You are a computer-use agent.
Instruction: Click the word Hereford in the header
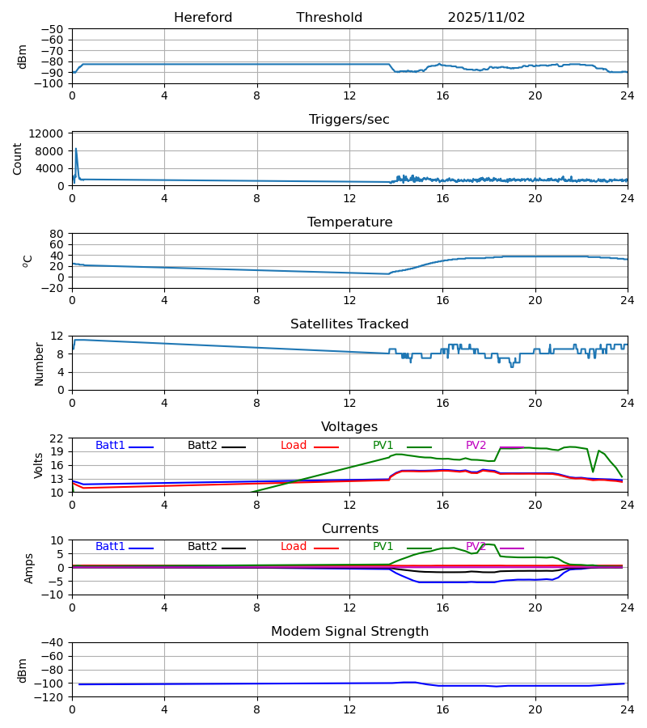203,18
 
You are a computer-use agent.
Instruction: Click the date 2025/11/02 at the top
486,18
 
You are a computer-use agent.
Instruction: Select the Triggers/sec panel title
349,120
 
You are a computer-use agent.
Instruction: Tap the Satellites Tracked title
349,324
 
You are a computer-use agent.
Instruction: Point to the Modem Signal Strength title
349,632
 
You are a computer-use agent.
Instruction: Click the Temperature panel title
349,222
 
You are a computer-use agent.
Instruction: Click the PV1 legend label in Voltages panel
383,446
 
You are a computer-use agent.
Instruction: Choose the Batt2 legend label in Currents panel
202,547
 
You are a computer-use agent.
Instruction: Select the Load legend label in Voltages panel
294,446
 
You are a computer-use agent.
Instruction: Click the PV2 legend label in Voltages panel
476,446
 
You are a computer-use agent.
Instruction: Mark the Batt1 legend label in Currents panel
110,547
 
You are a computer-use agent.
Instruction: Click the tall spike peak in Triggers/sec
76,149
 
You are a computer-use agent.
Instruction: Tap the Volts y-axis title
39,465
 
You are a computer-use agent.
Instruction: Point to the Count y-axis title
18,159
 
